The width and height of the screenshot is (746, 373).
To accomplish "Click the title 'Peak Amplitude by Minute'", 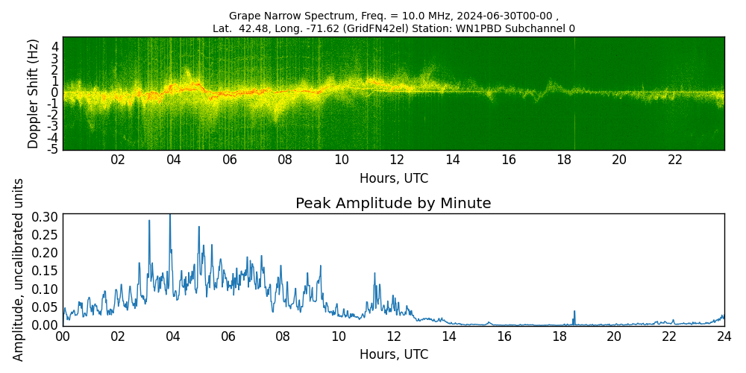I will [393, 204].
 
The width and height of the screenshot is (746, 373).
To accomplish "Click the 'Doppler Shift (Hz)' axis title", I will [34, 93].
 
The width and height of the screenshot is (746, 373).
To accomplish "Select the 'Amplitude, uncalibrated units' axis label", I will [19, 269].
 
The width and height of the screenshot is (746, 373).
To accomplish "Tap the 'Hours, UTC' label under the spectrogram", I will [393, 178].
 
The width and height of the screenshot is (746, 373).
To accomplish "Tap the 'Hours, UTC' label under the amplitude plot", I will [393, 354].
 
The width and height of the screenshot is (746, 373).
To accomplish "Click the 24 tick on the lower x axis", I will [724, 336].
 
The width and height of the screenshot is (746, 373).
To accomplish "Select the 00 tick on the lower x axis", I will [63, 336].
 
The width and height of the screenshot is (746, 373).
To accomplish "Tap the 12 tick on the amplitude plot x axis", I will [393, 336].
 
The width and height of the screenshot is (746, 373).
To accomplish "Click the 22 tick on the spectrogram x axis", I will [675, 160].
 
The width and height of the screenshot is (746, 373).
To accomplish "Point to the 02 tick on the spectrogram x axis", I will [118, 160].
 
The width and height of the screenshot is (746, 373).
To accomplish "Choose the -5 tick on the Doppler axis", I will [54, 149].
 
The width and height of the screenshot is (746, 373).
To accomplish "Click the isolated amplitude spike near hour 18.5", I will [574, 312].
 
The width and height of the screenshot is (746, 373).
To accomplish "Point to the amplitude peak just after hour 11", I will [374, 274].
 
